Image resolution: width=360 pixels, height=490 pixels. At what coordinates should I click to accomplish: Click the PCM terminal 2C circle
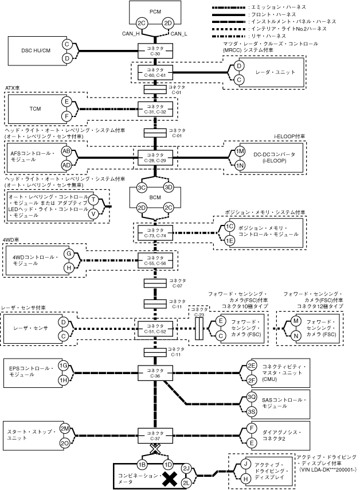[x=142, y=24]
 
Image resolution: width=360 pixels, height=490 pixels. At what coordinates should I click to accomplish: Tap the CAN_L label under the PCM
[x=179, y=34]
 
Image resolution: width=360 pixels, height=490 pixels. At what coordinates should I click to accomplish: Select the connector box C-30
[x=155, y=51]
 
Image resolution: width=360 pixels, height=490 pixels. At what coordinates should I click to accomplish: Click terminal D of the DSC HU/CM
[x=67, y=58]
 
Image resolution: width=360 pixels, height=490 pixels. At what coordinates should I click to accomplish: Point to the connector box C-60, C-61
[x=155, y=72]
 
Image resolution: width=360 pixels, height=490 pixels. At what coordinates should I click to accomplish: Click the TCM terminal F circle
[x=66, y=116]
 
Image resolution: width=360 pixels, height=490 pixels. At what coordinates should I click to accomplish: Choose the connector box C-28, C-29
[x=155, y=158]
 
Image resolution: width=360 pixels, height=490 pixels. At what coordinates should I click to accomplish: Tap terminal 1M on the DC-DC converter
[x=240, y=151]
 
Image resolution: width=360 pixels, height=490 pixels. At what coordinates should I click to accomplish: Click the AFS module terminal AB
[x=66, y=151]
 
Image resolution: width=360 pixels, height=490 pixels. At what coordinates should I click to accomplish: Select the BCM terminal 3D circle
[x=169, y=188]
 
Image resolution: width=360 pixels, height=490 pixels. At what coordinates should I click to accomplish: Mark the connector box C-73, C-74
[x=155, y=233]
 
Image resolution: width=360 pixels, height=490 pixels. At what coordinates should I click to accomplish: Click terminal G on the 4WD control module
[x=69, y=254]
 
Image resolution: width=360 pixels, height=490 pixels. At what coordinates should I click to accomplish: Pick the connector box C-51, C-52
[x=155, y=329]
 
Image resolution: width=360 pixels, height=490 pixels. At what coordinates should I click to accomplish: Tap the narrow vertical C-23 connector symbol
[x=199, y=329]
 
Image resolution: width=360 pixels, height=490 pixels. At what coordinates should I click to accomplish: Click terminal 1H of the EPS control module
[x=64, y=380]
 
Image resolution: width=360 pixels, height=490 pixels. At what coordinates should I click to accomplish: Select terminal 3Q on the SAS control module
[x=252, y=397]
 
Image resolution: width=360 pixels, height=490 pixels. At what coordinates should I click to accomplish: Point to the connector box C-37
[x=155, y=436]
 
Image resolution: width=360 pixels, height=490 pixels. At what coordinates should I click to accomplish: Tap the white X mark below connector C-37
[x=155, y=449]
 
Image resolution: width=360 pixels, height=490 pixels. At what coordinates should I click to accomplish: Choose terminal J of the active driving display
[x=245, y=464]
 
